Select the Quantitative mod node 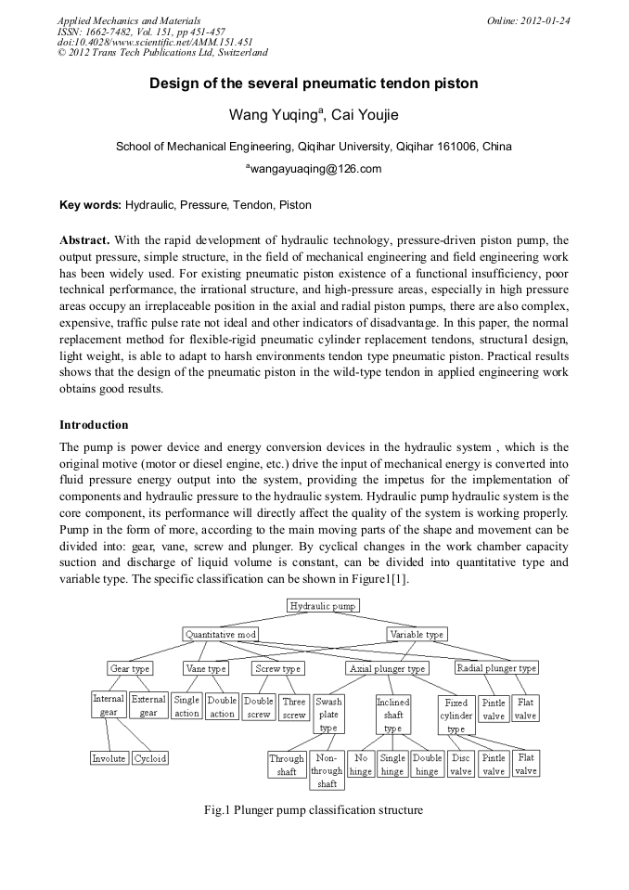[x=220, y=635]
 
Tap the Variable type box [x=417, y=635]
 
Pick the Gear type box [x=129, y=668]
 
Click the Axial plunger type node [x=388, y=668]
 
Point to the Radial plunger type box [x=496, y=668]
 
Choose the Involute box [x=109, y=758]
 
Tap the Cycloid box [x=150, y=758]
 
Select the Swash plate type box [x=328, y=715]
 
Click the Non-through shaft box [x=327, y=771]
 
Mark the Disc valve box [x=461, y=765]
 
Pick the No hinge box [x=361, y=765]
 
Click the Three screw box [x=294, y=708]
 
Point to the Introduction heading [x=94, y=425]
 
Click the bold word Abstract [x=84, y=239]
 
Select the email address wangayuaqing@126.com [x=314, y=169]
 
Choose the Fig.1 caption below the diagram [x=314, y=810]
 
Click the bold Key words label [x=90, y=204]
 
